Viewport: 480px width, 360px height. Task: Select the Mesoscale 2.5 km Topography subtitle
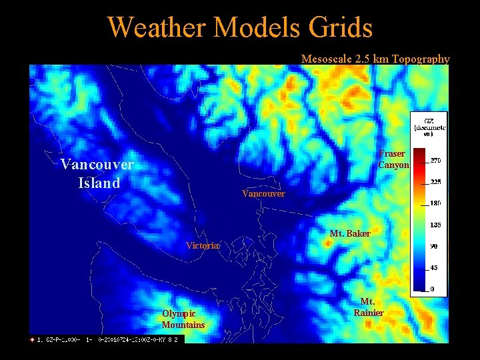coord(375,59)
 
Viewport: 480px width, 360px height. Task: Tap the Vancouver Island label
coord(97,173)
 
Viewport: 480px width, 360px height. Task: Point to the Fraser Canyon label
coord(393,159)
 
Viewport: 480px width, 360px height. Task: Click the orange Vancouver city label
coord(263,193)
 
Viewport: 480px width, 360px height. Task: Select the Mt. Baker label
coord(350,233)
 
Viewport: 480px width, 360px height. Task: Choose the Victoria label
coord(201,245)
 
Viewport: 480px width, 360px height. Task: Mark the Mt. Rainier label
coord(368,307)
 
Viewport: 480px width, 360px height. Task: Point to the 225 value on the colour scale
coord(435,181)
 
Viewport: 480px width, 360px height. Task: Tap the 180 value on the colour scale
coord(435,203)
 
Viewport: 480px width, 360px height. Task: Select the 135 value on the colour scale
coord(435,225)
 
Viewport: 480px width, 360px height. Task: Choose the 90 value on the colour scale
coord(433,246)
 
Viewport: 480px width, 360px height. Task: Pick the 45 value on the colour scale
coord(433,268)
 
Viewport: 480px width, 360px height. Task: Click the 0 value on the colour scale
coord(431,289)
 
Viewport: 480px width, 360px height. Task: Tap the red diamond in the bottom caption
coord(32,339)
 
